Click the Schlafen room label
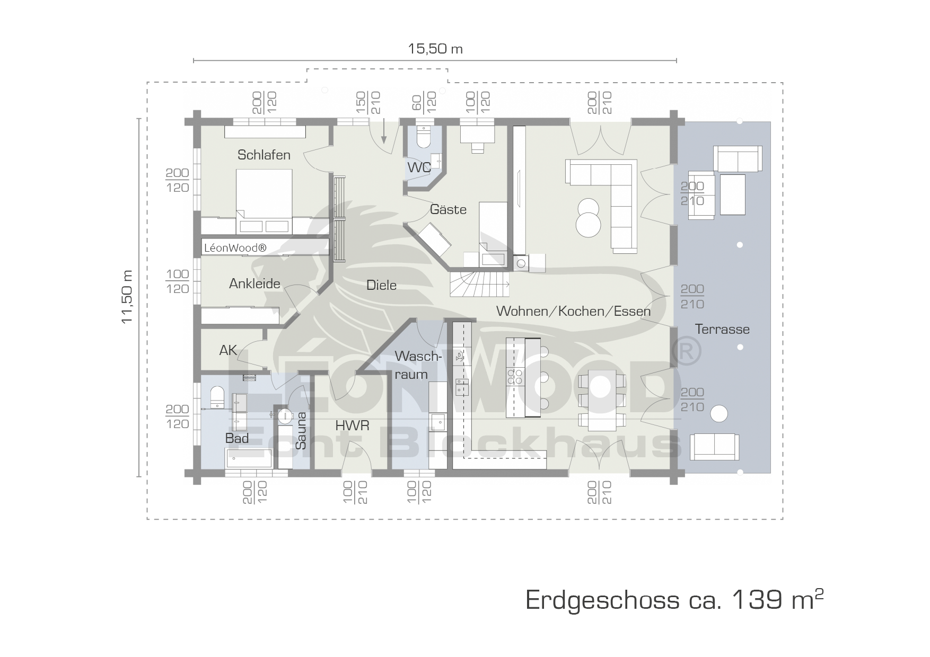[x=264, y=155]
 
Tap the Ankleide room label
[x=255, y=283]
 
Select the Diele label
[x=381, y=285]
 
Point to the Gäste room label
[x=448, y=209]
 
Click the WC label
[x=419, y=167]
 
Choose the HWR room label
[x=352, y=425]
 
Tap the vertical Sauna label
[x=301, y=431]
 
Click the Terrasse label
[x=722, y=329]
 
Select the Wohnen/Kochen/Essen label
[x=573, y=311]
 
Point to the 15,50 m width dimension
[x=435, y=49]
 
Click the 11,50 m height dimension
[x=127, y=297]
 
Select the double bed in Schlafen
[x=264, y=201]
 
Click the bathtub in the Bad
[x=249, y=459]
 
